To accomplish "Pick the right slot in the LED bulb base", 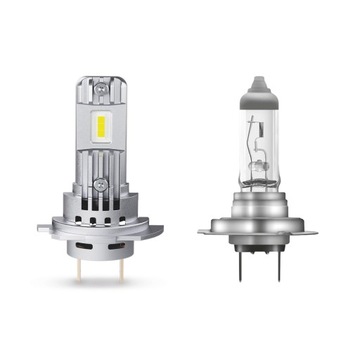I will click(x=118, y=242).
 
